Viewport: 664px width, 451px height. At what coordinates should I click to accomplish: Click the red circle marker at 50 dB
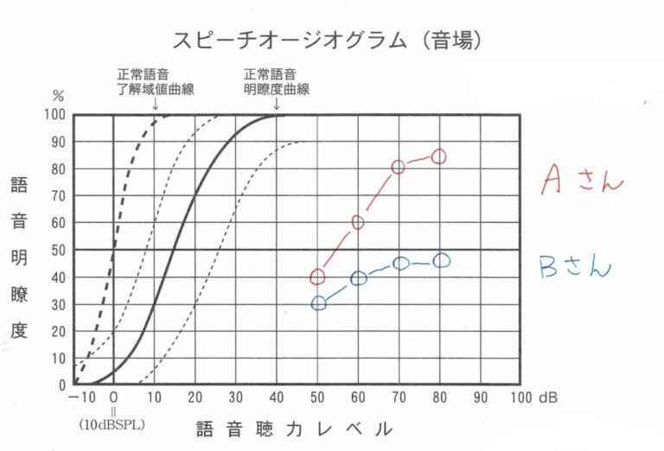[317, 276]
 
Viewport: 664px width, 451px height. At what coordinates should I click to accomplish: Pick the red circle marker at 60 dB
[358, 222]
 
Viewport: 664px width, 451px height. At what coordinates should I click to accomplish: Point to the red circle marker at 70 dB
[399, 167]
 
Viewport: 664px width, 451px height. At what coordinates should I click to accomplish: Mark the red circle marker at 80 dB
[439, 156]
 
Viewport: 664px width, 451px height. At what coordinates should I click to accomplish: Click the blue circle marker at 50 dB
[318, 303]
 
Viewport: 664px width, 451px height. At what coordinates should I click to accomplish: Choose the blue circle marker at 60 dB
[359, 278]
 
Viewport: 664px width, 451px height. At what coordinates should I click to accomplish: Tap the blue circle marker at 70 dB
[399, 264]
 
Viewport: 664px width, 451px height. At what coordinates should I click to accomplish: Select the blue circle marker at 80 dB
[440, 260]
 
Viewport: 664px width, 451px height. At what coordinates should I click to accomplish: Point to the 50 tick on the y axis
[59, 250]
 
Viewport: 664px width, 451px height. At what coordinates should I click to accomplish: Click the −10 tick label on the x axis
[79, 398]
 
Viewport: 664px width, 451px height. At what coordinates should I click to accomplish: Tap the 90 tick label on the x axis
[480, 398]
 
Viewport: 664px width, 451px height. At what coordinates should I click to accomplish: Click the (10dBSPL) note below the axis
[113, 425]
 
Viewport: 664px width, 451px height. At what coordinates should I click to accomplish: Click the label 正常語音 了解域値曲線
[155, 81]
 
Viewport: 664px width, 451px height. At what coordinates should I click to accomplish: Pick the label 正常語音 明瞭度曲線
[276, 81]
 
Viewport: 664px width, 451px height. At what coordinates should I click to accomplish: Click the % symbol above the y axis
[59, 97]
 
